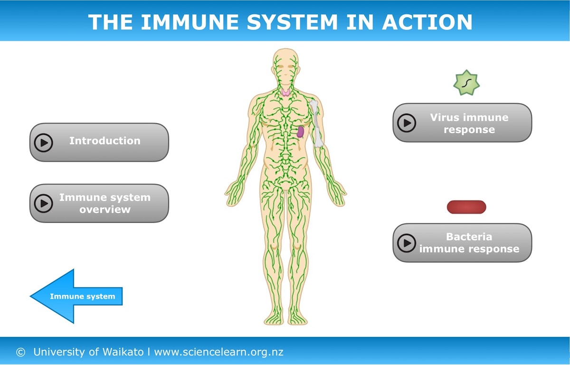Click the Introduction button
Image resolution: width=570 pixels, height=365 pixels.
[x=99, y=142]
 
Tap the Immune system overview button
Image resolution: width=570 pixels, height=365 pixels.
[x=99, y=203]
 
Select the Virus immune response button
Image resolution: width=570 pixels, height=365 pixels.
[x=462, y=123]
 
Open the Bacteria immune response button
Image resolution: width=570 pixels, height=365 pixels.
[x=462, y=243]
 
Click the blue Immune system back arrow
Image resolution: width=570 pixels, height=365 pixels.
[x=76, y=296]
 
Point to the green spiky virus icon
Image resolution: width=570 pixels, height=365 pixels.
[x=466, y=83]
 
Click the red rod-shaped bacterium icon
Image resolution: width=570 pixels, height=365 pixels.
[x=466, y=207]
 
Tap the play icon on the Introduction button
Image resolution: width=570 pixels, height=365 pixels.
[x=44, y=143]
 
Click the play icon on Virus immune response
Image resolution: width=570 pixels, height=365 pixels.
[x=407, y=123]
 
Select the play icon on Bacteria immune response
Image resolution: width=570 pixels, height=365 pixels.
[x=407, y=243]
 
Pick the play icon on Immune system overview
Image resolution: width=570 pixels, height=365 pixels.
[x=44, y=203]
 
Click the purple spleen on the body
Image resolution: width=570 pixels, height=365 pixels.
[x=301, y=132]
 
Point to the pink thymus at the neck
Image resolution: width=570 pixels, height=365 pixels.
[x=286, y=92]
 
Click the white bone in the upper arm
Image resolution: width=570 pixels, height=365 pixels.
[x=316, y=124]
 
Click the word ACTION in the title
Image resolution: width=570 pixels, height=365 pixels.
[x=427, y=22]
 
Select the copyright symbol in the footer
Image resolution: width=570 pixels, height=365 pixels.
[x=20, y=352]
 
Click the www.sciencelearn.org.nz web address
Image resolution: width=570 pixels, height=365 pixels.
[x=218, y=352]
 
